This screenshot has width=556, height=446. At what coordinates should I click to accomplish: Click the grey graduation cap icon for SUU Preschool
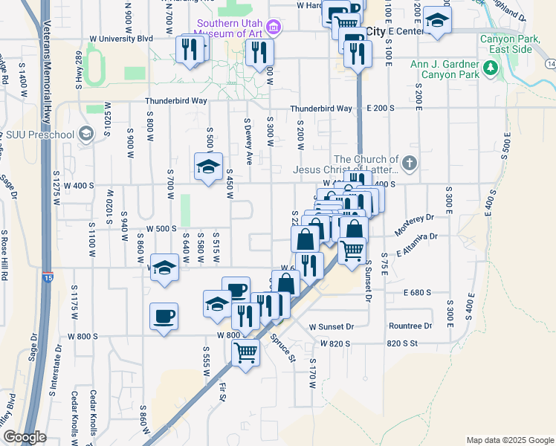point(86,134)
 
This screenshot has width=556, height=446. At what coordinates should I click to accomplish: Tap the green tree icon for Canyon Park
point(490,68)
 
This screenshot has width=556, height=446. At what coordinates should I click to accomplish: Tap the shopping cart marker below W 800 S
point(245,352)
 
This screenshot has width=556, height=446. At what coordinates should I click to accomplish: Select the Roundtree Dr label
point(410,326)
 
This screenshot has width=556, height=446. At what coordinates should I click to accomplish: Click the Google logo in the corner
point(25,437)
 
